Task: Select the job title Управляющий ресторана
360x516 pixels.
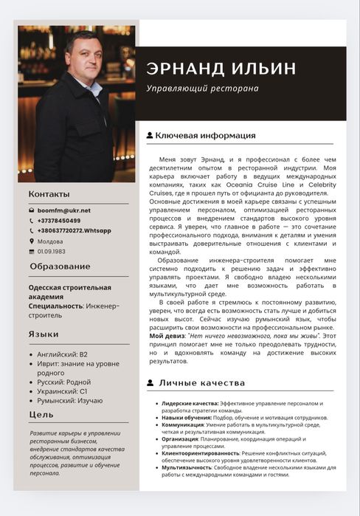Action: click(202, 89)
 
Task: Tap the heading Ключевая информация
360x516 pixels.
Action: click(205, 136)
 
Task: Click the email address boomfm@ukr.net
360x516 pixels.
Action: click(64, 210)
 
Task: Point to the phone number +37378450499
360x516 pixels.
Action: click(59, 221)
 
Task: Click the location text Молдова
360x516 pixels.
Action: click(50, 241)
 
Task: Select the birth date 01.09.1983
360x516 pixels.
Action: click(52, 251)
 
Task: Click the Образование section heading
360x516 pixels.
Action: click(60, 266)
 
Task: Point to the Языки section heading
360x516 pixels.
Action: click(44, 334)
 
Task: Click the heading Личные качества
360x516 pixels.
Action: click(201, 383)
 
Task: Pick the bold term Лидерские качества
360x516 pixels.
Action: click(190, 404)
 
